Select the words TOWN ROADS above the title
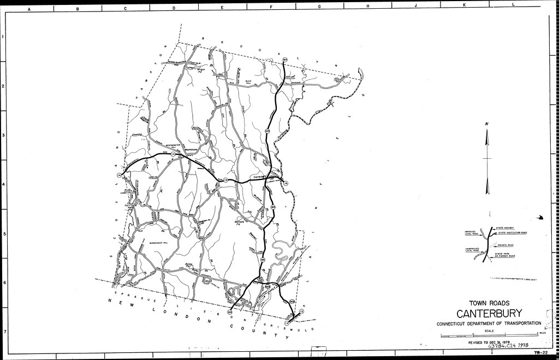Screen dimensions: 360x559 click(x=489, y=302)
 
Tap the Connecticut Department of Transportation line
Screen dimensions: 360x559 click(x=489, y=324)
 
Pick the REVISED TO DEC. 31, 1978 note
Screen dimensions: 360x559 click(x=489, y=342)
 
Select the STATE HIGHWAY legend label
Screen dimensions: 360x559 click(x=507, y=227)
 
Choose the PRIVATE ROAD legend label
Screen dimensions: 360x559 click(x=506, y=245)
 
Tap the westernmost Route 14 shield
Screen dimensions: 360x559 click(x=119, y=175)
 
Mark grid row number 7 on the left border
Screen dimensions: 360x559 click(x=3, y=331)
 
